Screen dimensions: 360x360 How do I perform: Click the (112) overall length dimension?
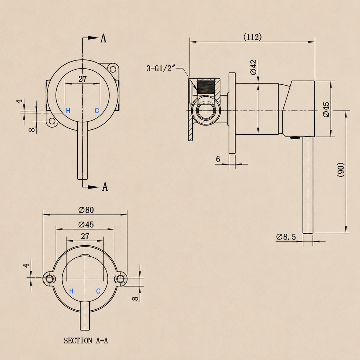tap(252, 37)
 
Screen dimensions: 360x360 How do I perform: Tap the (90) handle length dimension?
tap(341, 170)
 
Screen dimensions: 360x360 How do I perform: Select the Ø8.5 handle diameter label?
tap(286, 237)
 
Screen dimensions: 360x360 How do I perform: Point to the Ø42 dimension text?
tap(253, 67)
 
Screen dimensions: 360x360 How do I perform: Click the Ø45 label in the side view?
tap(326, 110)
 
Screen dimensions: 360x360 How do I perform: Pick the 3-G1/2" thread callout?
tap(161, 68)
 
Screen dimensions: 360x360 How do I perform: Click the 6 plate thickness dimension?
tap(218, 159)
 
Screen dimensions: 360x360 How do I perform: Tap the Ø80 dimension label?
tap(86, 210)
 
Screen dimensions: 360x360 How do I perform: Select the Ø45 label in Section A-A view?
tap(86, 224)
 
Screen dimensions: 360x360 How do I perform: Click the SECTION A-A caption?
tap(86, 340)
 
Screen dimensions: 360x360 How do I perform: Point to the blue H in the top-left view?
tap(68, 111)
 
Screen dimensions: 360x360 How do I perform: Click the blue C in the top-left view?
tap(97, 111)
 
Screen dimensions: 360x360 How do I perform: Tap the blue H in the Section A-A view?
tap(71, 291)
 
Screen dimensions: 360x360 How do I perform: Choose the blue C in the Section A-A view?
tap(98, 291)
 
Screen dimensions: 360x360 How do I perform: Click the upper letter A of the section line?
tap(103, 38)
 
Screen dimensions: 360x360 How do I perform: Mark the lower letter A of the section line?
tap(105, 187)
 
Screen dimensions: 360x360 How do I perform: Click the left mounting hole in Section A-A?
tap(49, 279)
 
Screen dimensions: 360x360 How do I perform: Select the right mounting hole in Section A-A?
tap(120, 279)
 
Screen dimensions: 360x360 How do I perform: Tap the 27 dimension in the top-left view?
tap(83, 79)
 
